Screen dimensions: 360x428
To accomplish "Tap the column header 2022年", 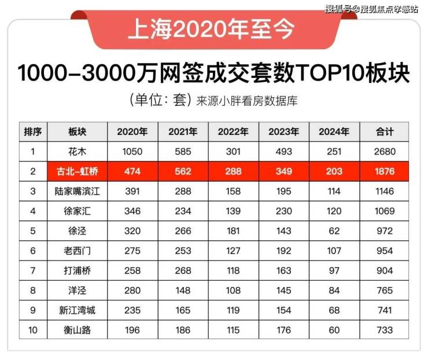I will pos(233,132).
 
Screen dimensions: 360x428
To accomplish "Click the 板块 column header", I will pos(77,132).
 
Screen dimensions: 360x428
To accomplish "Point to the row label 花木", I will pos(77,152).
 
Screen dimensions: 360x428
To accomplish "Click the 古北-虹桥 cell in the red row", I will pos(77,171).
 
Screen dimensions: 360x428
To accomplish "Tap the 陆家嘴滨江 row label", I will pos(77,191).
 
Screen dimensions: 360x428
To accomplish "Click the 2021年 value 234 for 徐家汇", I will pos(183,211).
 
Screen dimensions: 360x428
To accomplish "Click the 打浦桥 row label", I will pos(77,270).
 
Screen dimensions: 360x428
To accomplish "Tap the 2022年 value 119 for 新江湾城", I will pos(233,310).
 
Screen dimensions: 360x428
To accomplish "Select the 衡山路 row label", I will pos(77,330).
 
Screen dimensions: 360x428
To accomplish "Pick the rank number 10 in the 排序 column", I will pos(33,330).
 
